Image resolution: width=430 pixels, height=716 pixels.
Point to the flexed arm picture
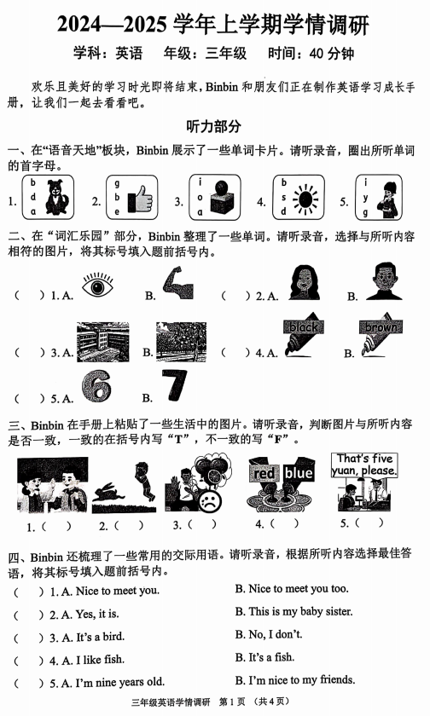coord(182,285)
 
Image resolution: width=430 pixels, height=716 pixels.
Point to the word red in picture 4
coord(266,473)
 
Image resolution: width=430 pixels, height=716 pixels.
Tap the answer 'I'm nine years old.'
coord(107,681)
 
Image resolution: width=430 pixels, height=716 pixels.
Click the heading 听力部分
coord(214,126)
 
